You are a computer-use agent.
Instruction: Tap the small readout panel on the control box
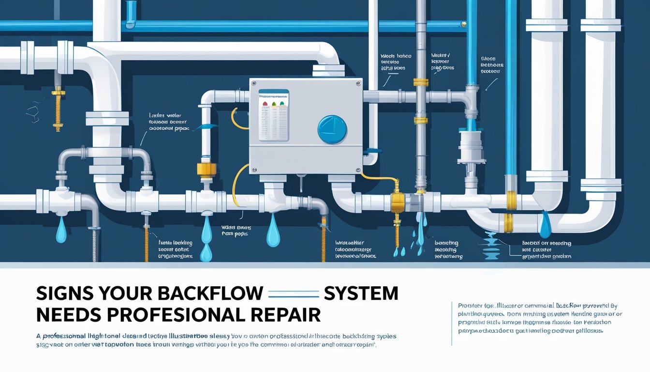tap(273, 115)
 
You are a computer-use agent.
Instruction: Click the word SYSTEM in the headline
tap(361, 294)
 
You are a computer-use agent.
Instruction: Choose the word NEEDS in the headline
tap(67, 314)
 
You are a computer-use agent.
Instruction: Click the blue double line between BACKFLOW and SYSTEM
tap(293, 294)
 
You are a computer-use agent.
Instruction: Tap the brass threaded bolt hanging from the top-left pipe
tap(59, 108)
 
